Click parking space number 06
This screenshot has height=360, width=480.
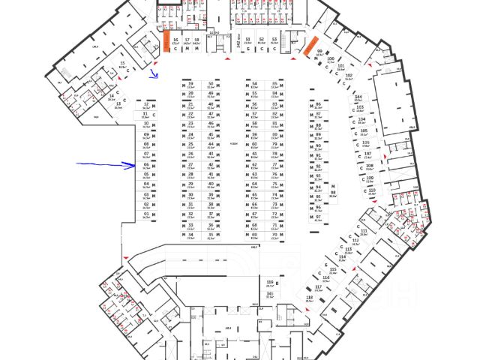[x=146, y=165]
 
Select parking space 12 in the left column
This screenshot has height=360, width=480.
[x=146, y=106]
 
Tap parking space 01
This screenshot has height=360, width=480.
[x=146, y=214]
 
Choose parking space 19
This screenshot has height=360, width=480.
[x=190, y=85]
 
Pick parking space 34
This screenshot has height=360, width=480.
[x=190, y=235]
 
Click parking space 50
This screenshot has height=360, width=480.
[x=211, y=85]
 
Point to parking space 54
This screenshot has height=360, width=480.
[x=254, y=85]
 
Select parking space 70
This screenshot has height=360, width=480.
[x=274, y=235]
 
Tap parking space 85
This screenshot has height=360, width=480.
[x=275, y=85]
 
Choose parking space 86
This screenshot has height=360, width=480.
[x=318, y=106]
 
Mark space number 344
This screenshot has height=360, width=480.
[x=358, y=98]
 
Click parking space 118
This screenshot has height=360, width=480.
[x=309, y=298]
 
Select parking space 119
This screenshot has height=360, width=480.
[x=269, y=283]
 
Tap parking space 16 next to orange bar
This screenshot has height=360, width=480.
[x=175, y=42]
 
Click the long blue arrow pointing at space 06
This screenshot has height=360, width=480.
[x=106, y=163]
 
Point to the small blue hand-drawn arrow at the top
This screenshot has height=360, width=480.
[x=154, y=73]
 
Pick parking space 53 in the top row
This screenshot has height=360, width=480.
[x=274, y=42]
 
